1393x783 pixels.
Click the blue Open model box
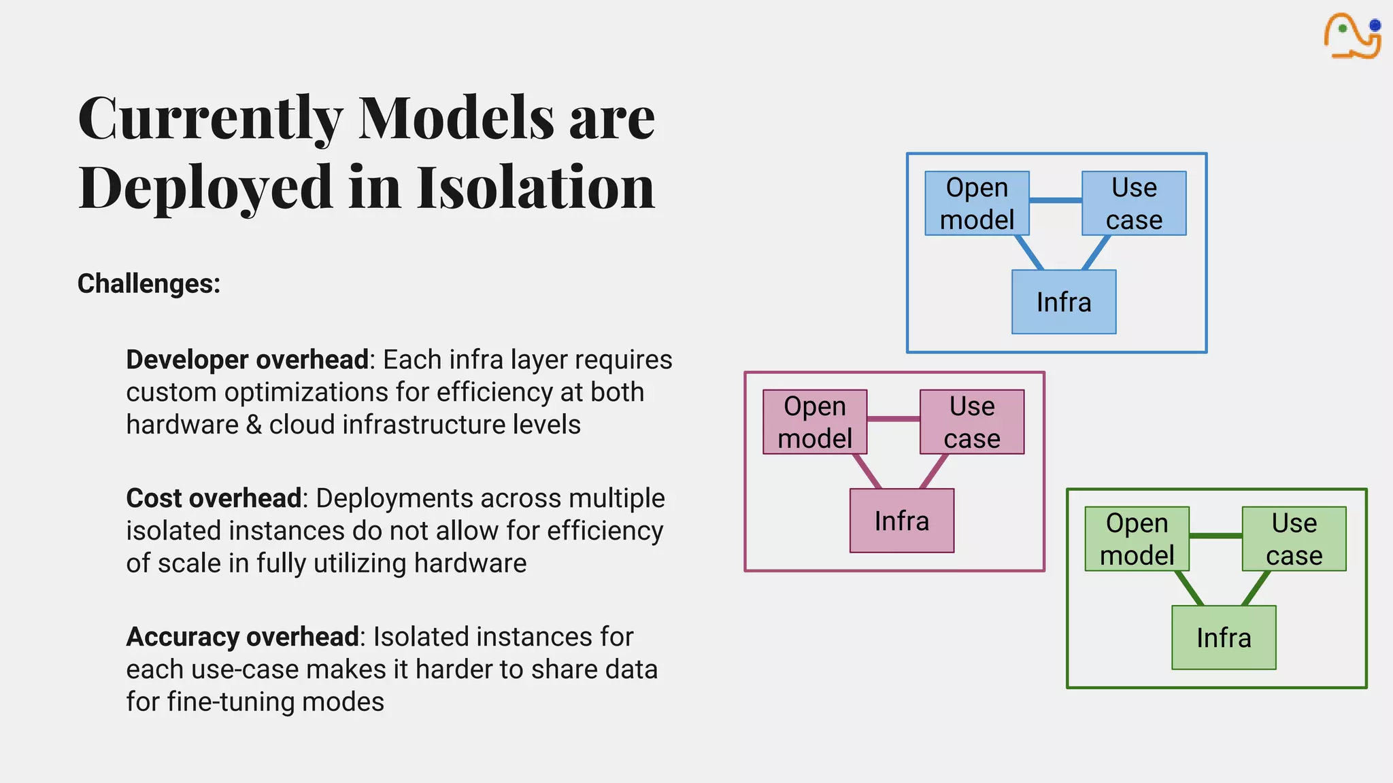tap(977, 203)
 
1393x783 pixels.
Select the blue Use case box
tap(1134, 203)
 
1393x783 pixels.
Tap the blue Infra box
tap(1064, 302)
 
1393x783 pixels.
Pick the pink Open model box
tap(815, 422)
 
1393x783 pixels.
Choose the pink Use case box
tap(972, 422)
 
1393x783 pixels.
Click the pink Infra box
tap(902, 521)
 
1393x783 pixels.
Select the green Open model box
tap(1137, 539)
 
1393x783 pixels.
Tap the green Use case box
tap(1294, 539)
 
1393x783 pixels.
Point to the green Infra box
tap(1224, 638)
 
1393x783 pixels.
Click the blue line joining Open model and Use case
tap(1056, 201)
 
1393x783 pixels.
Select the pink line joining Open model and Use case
tap(893, 419)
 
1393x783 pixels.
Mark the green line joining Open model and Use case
tap(1215, 536)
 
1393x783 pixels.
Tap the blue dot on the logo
tap(1375, 26)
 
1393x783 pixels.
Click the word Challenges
tap(148, 283)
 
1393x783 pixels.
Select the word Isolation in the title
tap(535, 187)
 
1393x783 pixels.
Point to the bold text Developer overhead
tap(247, 360)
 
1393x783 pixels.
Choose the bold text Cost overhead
tap(214, 498)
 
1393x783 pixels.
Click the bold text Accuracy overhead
tap(242, 637)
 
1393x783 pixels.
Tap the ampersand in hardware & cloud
tap(254, 425)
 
